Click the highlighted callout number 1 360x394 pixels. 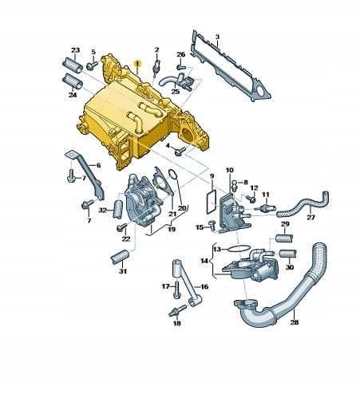tap(137, 64)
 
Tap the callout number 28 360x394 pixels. tap(295, 322)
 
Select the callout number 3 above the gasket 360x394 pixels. tap(217, 37)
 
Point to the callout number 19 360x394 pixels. tap(172, 229)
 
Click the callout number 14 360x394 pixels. tap(204, 261)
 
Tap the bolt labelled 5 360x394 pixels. tap(92, 65)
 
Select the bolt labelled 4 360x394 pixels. tap(180, 152)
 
